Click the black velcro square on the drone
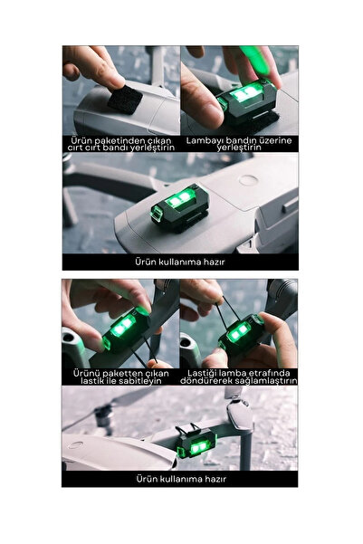pos(125,100)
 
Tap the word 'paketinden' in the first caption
pos(120,141)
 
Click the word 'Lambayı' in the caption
pos(202,141)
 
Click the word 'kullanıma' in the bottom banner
pos(180,479)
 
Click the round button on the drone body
pos(248,180)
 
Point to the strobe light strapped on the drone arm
pos(196,442)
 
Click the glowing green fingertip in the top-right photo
pos(257,59)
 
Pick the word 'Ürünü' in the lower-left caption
pos(83,374)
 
